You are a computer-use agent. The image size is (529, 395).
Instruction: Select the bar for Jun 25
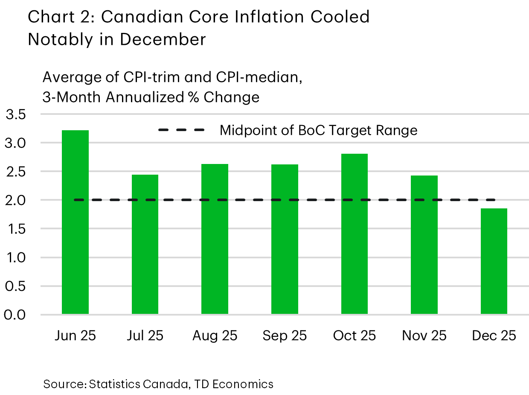pyautogui.click(x=75, y=222)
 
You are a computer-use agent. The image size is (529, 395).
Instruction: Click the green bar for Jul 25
pyautogui.click(x=145, y=244)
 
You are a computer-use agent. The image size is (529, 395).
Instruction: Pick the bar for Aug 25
pyautogui.click(x=215, y=239)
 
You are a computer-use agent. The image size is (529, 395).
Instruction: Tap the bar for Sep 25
pyautogui.click(x=285, y=239)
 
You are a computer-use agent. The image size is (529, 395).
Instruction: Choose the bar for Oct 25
pyautogui.click(x=354, y=234)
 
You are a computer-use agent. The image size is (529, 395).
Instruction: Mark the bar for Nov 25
pyautogui.click(x=424, y=245)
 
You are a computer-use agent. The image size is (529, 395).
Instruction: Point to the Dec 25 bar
pyautogui.click(x=494, y=261)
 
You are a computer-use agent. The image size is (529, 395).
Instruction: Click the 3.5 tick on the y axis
pyautogui.click(x=15, y=114)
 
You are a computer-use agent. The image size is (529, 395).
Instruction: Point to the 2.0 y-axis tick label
pyautogui.click(x=15, y=200)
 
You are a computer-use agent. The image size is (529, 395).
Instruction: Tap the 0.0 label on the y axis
pyautogui.click(x=15, y=315)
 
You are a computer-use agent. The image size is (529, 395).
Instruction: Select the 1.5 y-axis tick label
pyautogui.click(x=15, y=229)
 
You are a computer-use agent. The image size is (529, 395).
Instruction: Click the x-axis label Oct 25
pyautogui.click(x=354, y=336)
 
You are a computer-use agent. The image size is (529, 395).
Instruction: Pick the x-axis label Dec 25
pyautogui.click(x=494, y=336)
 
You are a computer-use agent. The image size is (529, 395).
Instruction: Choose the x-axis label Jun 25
pyautogui.click(x=75, y=336)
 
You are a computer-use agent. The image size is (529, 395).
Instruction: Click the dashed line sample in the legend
pyautogui.click(x=181, y=130)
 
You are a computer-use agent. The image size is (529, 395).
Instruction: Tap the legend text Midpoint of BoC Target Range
pyautogui.click(x=318, y=130)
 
